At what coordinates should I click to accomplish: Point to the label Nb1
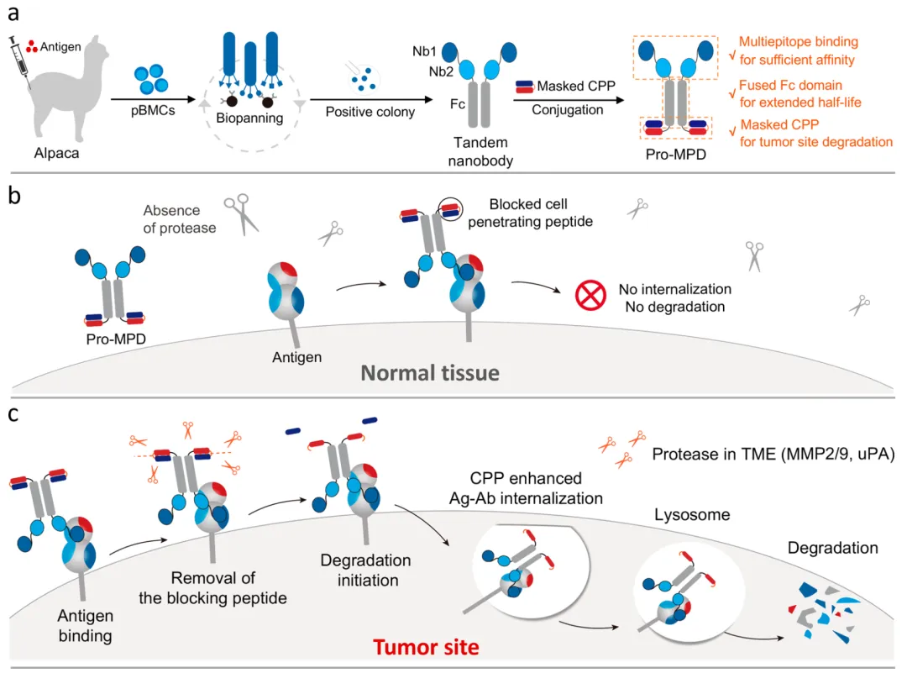423,52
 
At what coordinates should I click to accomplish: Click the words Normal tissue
431,372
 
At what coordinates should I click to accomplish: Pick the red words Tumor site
426,647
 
